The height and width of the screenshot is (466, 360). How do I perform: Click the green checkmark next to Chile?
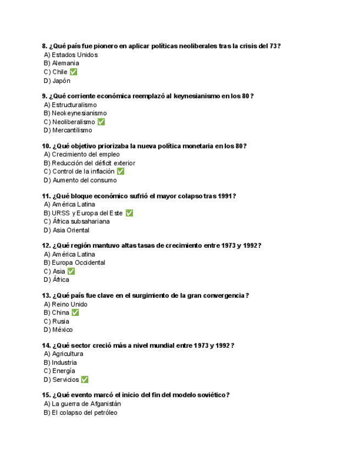[74, 72]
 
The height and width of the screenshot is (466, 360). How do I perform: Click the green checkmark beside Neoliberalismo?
[101, 122]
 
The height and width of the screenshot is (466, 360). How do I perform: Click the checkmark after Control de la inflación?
[120, 171]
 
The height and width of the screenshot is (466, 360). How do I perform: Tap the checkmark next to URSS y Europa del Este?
[129, 213]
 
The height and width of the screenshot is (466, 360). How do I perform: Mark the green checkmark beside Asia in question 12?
[71, 271]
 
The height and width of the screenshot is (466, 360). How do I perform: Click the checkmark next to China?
[75, 313]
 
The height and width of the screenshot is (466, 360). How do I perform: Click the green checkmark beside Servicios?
[85, 380]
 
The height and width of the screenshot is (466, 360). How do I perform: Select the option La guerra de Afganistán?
[86, 404]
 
